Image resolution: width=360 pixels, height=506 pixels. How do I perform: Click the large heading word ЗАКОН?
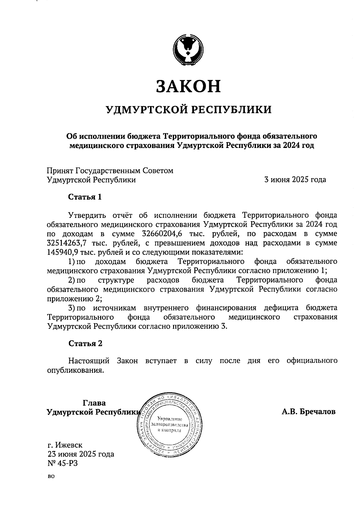[188, 86]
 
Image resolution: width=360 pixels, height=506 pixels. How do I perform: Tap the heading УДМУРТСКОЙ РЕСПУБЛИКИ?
[189, 110]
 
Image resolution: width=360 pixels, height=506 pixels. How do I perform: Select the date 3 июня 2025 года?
[295, 180]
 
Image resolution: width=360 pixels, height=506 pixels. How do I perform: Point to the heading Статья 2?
[85, 343]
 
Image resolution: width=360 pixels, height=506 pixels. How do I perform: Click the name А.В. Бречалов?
[308, 412]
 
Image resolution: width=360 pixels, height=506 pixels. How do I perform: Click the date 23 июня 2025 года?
[81, 454]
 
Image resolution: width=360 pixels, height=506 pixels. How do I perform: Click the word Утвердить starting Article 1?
[87, 215]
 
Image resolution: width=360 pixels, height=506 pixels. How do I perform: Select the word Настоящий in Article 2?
[88, 361]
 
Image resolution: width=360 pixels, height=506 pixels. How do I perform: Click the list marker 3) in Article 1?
[71, 308]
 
